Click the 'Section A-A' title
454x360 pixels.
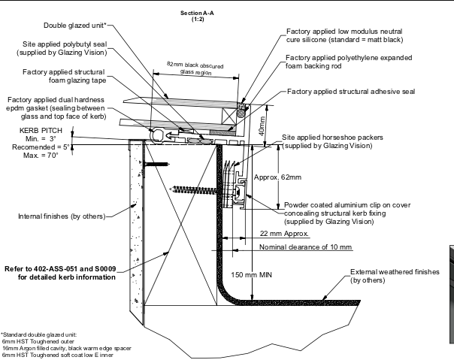[197, 13]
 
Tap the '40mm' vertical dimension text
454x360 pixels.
[262, 126]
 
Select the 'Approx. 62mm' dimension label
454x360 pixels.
[277, 177]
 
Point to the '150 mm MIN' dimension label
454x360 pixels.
[251, 274]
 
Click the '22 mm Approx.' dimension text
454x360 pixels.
[284, 234]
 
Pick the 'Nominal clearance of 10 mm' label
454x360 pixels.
[305, 247]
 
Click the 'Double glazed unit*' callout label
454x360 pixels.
[75, 26]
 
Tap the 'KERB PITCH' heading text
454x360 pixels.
[41, 130]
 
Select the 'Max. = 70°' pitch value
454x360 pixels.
[41, 156]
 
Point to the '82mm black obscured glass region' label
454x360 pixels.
[195, 68]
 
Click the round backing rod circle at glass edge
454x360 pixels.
[241, 113]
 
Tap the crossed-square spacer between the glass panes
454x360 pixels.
[229, 116]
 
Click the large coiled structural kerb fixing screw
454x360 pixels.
[195, 190]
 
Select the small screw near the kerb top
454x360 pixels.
[156, 164]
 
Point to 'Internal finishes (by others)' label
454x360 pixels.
[62, 216]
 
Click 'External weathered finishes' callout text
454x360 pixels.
[395, 272]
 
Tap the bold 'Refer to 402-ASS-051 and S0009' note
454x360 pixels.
[60, 269]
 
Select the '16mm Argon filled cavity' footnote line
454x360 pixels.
[67, 349]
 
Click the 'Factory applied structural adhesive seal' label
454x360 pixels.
[351, 92]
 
